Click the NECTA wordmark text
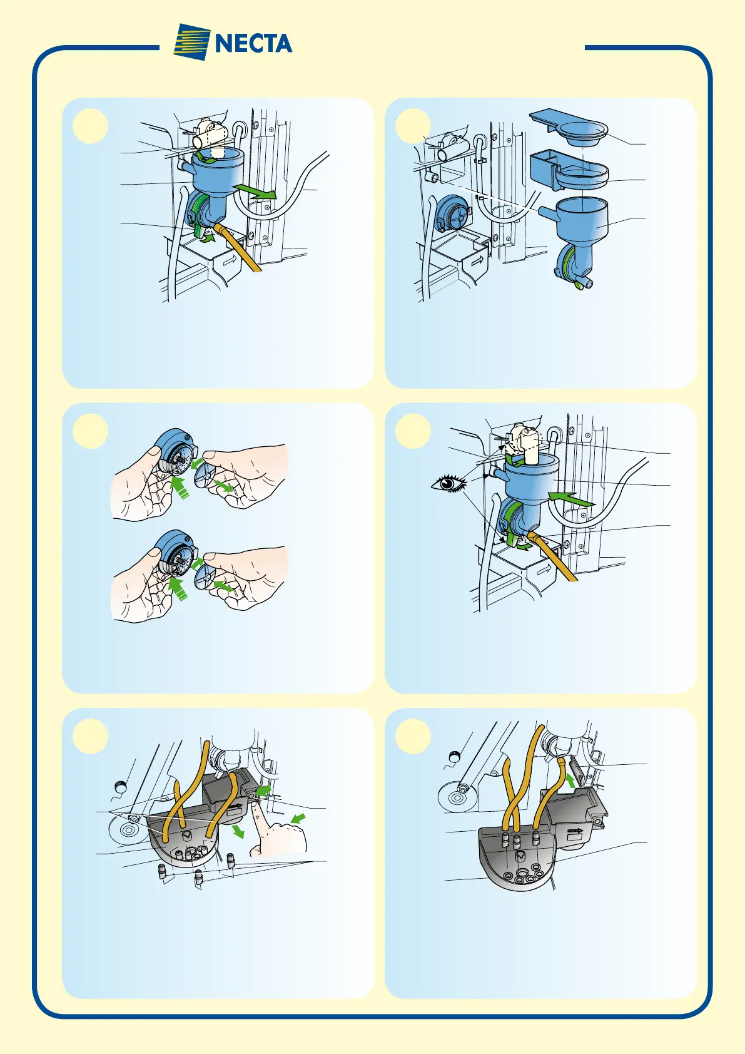[253, 43]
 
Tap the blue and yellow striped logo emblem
[192, 42]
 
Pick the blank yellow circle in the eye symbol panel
[413, 431]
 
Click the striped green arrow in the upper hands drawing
[180, 488]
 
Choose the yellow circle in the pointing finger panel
[90, 737]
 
